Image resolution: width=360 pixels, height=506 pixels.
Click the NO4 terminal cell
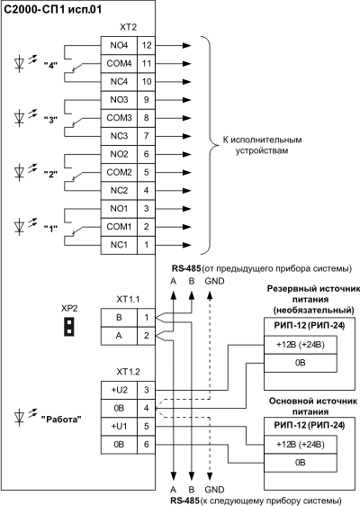point(119,46)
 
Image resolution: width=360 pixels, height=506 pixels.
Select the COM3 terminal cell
point(119,118)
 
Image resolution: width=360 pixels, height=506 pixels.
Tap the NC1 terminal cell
point(119,245)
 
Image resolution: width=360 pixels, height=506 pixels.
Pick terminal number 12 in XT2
point(147,46)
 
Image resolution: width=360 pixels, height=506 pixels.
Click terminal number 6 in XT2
point(147,154)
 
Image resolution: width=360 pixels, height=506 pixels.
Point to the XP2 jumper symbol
point(69,327)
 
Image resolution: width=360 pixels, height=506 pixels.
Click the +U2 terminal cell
point(119,391)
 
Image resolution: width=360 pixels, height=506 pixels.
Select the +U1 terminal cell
point(119,427)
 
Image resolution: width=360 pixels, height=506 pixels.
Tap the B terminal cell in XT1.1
point(119,318)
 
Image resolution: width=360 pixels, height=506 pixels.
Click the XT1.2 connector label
point(128,372)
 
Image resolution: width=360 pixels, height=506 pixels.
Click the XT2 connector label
point(128,27)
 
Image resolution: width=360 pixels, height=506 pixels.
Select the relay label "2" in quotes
point(50,175)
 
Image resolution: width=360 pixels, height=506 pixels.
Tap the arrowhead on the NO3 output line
point(187,100)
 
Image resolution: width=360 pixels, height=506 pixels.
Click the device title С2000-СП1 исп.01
point(52,9)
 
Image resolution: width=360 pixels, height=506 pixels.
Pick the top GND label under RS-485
point(214,282)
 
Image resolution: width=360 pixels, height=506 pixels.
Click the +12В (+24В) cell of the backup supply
point(301,345)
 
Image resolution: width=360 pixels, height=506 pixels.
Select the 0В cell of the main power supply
point(301,463)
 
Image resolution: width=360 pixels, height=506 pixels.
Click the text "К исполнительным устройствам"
point(262,145)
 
